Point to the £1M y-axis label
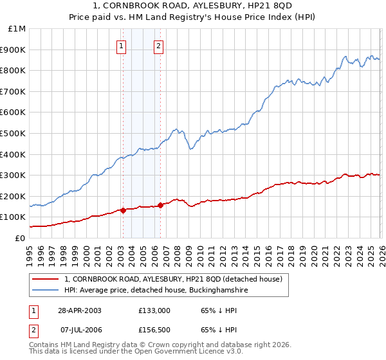(17, 29)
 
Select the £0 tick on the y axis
(20, 238)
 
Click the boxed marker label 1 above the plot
(122, 46)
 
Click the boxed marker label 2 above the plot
(158, 46)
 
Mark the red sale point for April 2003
(123, 210)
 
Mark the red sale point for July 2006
(160, 205)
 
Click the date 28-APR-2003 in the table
(79, 310)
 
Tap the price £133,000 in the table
(154, 310)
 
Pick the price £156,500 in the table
(154, 330)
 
